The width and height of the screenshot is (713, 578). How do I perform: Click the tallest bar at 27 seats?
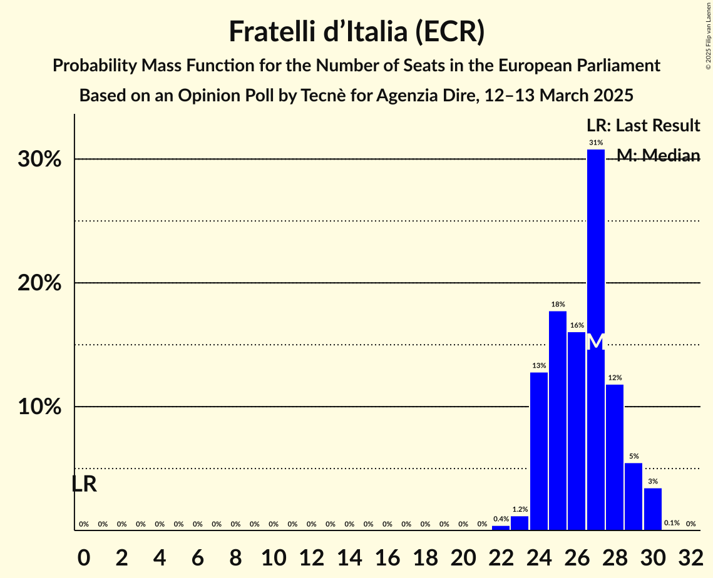(596, 338)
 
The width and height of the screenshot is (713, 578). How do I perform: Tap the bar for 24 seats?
(539, 451)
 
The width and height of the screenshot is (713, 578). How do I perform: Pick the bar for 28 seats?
(615, 457)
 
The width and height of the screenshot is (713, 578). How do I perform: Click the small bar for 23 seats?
(520, 523)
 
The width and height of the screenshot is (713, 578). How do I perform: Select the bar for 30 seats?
(653, 509)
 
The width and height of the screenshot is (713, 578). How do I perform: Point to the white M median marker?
(596, 342)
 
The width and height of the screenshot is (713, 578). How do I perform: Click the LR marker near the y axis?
(84, 484)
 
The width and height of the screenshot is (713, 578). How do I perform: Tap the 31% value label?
(596, 143)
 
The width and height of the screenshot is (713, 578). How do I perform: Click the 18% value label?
(558, 304)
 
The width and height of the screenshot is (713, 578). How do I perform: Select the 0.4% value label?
(501, 519)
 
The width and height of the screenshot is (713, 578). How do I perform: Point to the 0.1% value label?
(672, 523)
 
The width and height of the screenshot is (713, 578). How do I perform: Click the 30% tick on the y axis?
(39, 160)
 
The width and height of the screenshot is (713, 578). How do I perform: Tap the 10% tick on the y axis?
(39, 407)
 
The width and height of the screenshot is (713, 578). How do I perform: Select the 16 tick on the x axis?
(387, 555)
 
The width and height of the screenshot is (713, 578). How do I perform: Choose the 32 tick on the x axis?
(690, 555)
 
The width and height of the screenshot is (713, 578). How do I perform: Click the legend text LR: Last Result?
(643, 126)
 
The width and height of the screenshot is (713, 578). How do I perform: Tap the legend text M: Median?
(658, 155)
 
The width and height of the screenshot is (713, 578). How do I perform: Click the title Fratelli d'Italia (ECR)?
(356, 31)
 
